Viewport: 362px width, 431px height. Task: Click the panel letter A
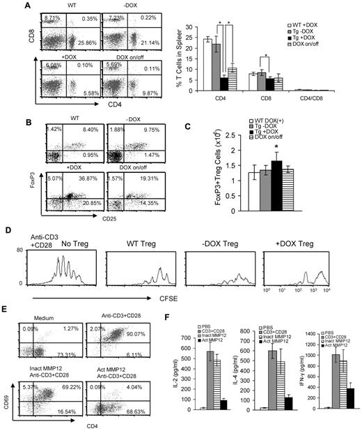coord(7,6)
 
